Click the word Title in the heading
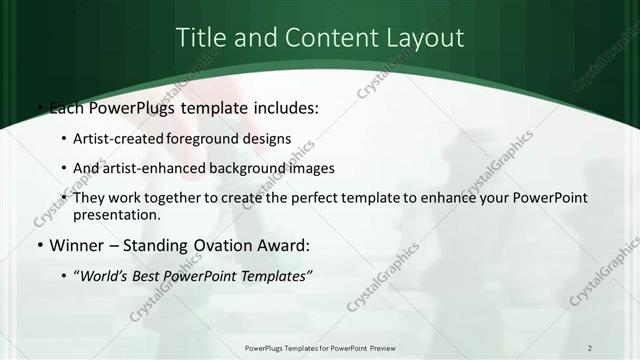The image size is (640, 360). point(199,38)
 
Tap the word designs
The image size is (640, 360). point(269,138)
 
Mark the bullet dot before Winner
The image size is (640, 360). point(39,245)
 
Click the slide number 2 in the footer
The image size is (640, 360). point(590,348)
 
